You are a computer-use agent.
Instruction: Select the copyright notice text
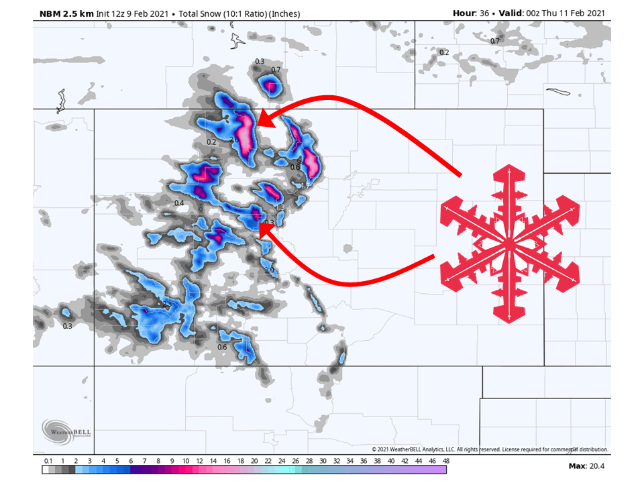(x=490, y=449)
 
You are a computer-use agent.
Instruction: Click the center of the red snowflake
(x=509, y=243)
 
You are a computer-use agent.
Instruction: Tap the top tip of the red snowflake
(x=509, y=165)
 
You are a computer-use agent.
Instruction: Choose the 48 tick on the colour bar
(x=446, y=461)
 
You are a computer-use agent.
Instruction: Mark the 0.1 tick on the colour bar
(x=48, y=461)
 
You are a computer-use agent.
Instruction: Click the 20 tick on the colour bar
(x=254, y=461)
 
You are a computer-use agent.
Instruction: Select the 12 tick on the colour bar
(x=199, y=461)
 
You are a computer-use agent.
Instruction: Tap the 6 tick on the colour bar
(x=131, y=461)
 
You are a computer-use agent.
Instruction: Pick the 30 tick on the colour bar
(x=323, y=461)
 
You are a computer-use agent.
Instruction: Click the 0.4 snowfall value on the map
(x=179, y=203)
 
